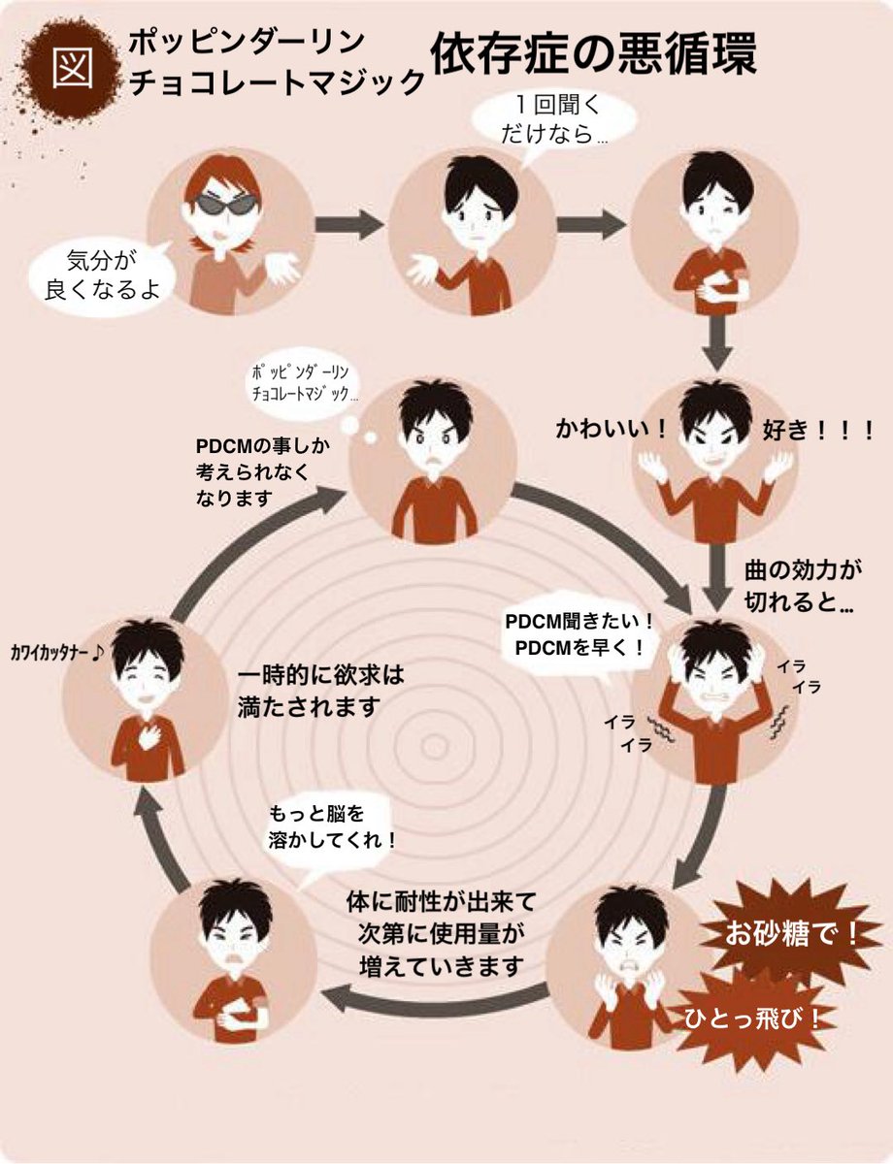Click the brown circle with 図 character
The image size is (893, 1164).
tap(72, 70)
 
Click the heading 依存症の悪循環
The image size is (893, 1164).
tap(593, 53)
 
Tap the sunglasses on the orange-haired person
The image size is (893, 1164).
tap(226, 204)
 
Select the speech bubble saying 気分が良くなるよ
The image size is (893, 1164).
tap(102, 275)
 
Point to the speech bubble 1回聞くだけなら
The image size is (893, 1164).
tap(554, 119)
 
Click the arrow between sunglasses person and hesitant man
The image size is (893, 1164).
tap(348, 224)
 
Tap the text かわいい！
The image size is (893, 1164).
tap(612, 429)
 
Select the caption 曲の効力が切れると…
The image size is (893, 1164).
tap(803, 587)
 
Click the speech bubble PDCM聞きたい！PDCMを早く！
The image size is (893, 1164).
tap(579, 635)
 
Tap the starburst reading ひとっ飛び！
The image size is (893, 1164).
tap(751, 1018)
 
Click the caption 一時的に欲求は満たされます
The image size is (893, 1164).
tap(320, 692)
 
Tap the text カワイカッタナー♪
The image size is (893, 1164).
tap(56, 653)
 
